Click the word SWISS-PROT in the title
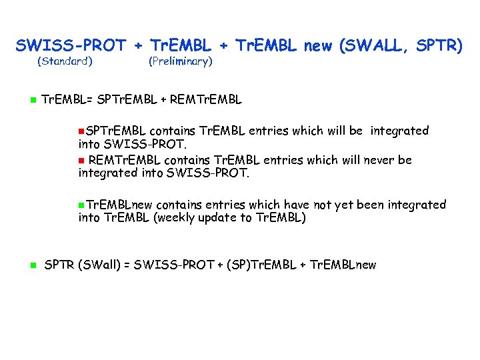click(x=71, y=46)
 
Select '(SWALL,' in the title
click(x=374, y=46)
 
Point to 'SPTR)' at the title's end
click(x=439, y=46)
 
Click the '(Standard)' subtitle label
click(x=64, y=62)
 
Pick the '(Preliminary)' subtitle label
click(x=180, y=62)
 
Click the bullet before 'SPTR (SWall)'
click(x=31, y=265)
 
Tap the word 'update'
click(x=221, y=218)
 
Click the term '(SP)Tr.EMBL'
click(x=261, y=265)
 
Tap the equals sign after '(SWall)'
click(x=127, y=265)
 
